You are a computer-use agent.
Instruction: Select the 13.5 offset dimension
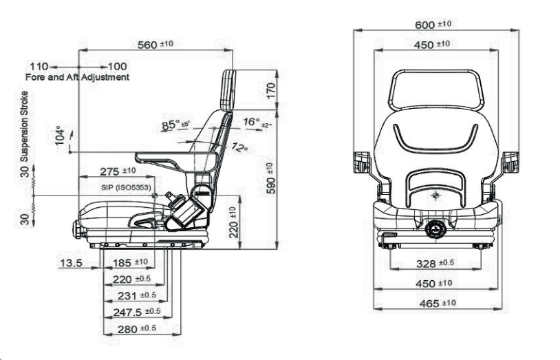[x=72, y=262]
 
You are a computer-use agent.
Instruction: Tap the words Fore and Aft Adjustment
[x=77, y=77]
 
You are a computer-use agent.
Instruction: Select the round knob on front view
[x=435, y=229]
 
